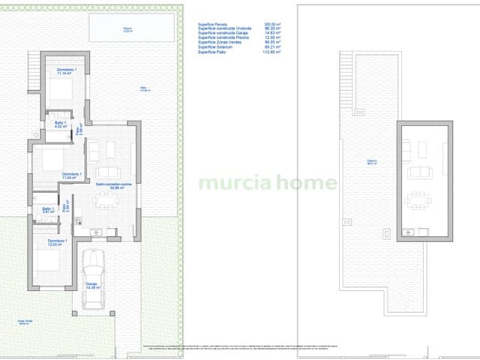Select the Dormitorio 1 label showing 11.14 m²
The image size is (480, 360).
pos(66,70)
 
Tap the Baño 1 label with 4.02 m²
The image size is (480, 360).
pos(61,124)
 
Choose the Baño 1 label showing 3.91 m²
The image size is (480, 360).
pos(49,211)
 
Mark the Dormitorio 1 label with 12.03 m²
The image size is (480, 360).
pos(57,241)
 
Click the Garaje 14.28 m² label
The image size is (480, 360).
pos(91,286)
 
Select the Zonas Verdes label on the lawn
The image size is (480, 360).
pos(25,322)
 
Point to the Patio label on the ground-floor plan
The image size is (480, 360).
pos(144,90)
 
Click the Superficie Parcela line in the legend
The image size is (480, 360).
pos(214,24)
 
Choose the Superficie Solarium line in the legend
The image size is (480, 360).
pos(215,48)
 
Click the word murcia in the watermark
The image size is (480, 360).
pos(224,182)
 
